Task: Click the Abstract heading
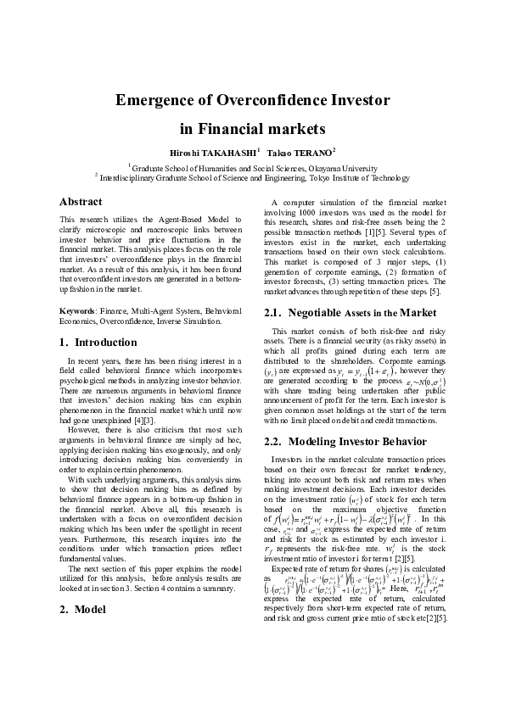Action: click(81, 202)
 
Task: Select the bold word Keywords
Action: click(76, 311)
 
